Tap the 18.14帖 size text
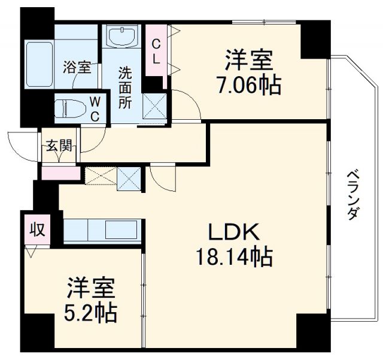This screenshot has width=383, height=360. coord(233,258)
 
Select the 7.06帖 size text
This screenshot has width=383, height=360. coord(248,86)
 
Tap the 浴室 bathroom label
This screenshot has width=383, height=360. coord(77,67)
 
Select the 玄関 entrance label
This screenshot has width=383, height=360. coord(60,145)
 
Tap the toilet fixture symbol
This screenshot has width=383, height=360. coord(68,109)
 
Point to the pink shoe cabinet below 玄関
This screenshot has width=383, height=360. coord(60,173)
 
